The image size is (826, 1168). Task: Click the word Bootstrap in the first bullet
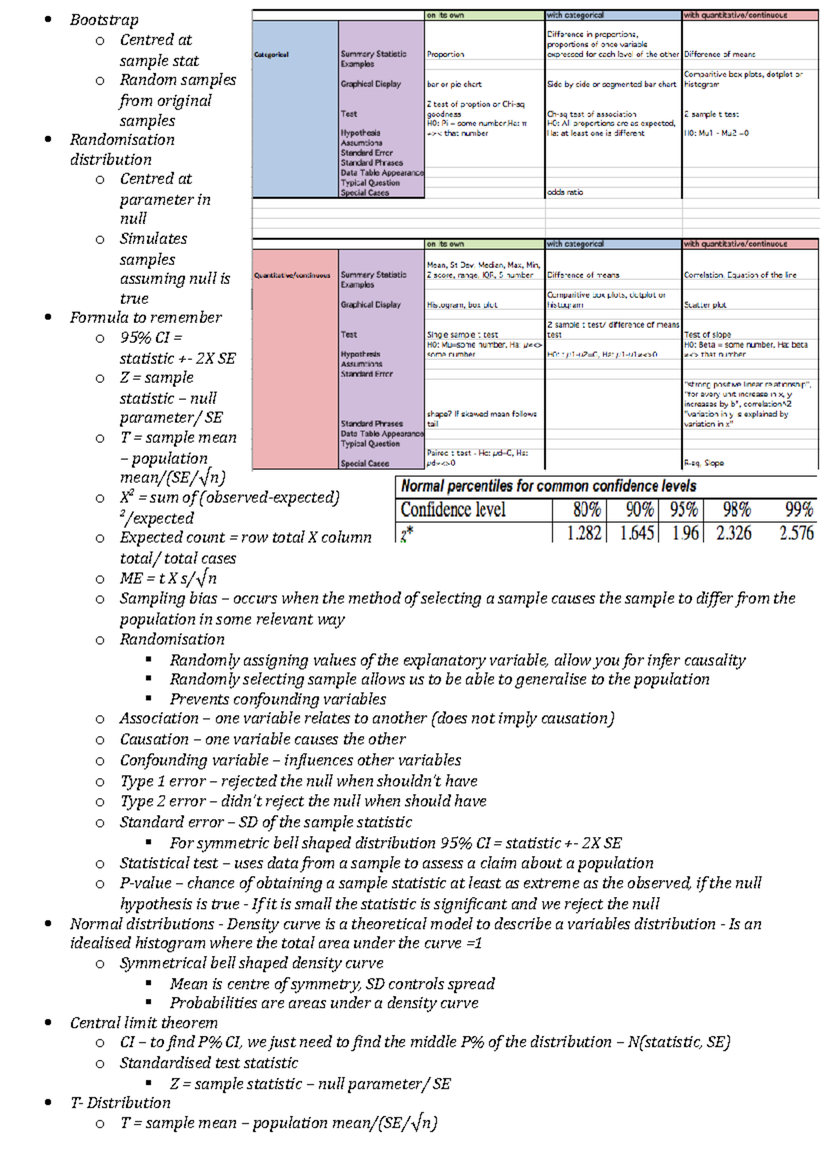104,20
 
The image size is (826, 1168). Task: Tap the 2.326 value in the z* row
733,533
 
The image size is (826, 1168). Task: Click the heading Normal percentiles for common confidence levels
549,486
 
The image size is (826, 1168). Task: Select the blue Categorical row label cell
295,109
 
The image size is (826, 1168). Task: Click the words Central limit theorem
143,1023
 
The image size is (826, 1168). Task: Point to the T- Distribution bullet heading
120,1103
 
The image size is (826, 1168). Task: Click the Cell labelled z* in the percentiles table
407,533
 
